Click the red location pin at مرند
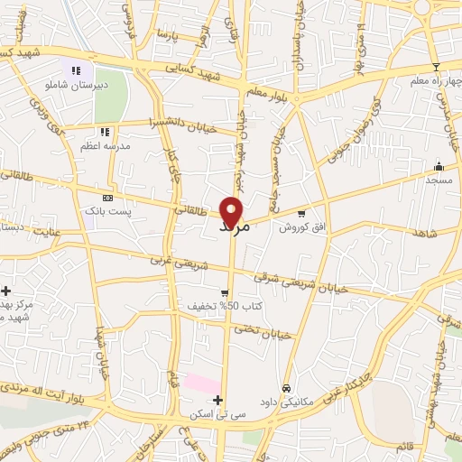(x=233, y=211)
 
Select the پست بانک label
(x=107, y=211)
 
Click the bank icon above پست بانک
(x=107, y=198)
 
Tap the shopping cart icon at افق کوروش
(x=300, y=214)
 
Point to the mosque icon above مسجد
(x=439, y=166)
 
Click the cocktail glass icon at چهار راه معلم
(x=436, y=67)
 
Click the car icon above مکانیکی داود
(x=287, y=388)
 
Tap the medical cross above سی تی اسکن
(x=217, y=400)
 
